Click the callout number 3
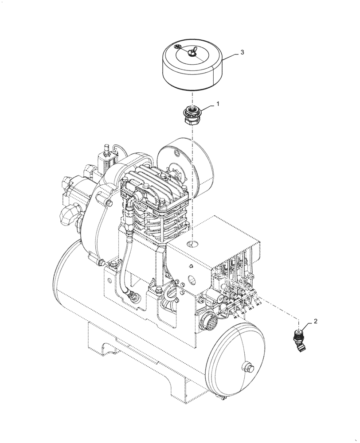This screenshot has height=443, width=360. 242,52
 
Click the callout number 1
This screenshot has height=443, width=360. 218,103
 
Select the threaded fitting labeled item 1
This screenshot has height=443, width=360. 193,117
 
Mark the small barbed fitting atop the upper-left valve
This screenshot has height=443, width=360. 106,147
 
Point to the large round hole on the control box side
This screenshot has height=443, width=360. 192,281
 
